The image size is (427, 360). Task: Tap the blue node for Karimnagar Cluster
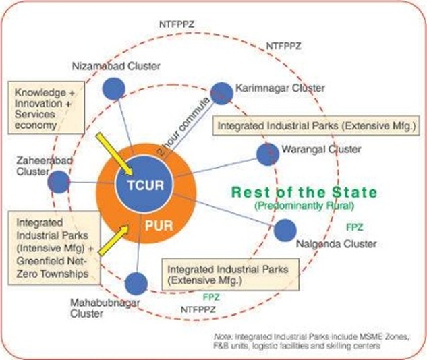(x=222, y=93)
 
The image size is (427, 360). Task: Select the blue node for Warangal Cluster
(x=268, y=154)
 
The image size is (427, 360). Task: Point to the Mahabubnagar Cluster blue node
(x=136, y=283)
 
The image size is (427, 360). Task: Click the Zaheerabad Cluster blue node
(x=59, y=182)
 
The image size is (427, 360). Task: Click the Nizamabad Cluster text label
(x=106, y=65)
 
